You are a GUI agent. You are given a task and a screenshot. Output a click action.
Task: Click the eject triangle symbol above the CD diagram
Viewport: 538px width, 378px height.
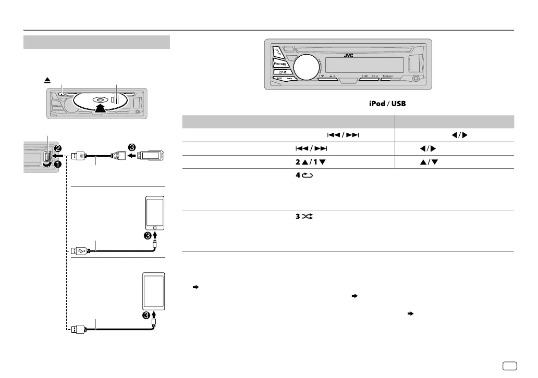(47, 81)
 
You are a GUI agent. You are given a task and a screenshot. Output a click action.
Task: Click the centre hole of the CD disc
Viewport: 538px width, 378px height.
(99, 99)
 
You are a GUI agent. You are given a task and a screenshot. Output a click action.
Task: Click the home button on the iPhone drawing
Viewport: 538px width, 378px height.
(154, 228)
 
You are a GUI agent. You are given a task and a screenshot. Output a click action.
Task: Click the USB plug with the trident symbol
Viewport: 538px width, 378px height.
(81, 250)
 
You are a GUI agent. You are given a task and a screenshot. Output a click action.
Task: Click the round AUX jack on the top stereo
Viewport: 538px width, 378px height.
(416, 80)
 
